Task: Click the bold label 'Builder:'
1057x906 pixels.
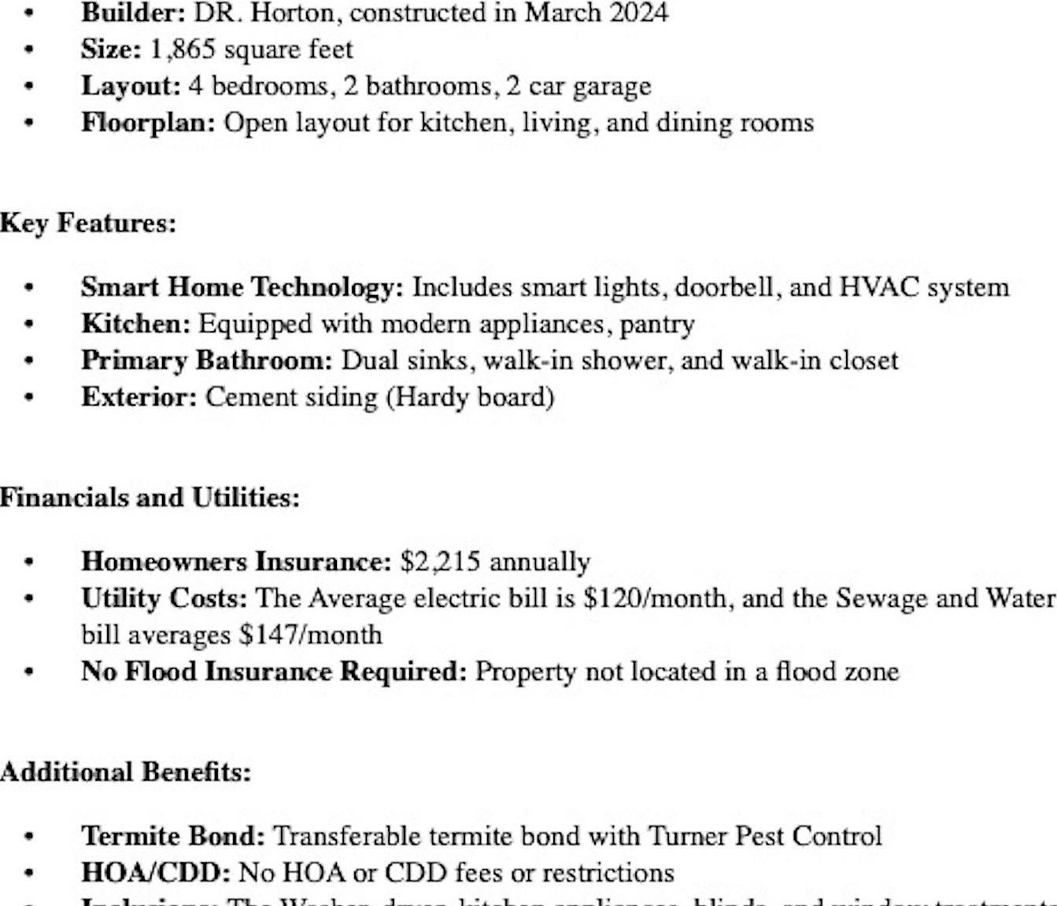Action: point(133,13)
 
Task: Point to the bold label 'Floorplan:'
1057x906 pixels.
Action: point(148,123)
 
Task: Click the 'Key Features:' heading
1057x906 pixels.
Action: point(88,223)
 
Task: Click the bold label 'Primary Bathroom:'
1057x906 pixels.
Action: point(207,360)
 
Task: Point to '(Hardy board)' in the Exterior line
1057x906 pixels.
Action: point(470,396)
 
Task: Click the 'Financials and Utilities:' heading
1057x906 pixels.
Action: point(150,498)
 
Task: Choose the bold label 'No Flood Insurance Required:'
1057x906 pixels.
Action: point(274,672)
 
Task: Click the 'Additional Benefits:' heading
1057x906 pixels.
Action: point(126,772)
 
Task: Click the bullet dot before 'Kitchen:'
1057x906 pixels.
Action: point(29,325)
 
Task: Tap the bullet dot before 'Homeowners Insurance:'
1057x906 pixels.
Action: point(29,562)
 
